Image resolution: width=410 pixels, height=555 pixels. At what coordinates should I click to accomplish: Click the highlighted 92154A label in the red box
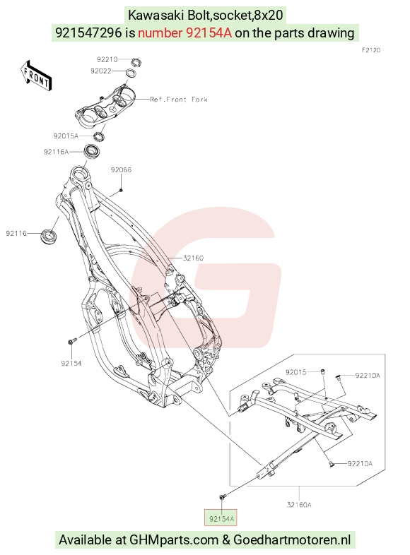point(221,519)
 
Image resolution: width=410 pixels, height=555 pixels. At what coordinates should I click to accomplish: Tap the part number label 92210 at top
point(107,59)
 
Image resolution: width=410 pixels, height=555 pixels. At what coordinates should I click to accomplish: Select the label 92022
point(101,71)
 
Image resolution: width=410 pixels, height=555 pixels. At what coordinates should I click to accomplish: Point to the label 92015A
point(66,136)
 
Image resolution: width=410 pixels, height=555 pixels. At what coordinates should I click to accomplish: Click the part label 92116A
point(56,152)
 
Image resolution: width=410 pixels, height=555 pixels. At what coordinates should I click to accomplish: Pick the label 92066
point(121,170)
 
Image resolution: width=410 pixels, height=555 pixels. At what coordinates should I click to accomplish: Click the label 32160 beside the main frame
point(193,258)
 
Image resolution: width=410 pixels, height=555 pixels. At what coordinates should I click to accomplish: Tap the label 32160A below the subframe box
point(299,505)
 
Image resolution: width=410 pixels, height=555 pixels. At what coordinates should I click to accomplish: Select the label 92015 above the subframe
point(296,372)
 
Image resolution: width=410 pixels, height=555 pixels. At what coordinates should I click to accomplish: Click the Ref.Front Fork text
point(179,100)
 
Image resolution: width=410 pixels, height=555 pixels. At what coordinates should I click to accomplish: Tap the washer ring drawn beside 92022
point(131,73)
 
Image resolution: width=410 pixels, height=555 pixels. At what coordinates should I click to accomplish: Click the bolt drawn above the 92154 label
point(72,341)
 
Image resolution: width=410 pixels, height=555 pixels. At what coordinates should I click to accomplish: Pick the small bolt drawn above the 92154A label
point(222,497)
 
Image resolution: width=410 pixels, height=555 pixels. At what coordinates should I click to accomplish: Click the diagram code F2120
point(371,50)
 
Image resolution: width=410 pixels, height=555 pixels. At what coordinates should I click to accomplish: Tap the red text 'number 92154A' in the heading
point(184,33)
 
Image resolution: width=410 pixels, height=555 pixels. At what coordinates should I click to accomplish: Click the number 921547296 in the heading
point(88,33)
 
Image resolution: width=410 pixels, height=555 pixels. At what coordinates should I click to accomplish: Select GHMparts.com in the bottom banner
point(174,540)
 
